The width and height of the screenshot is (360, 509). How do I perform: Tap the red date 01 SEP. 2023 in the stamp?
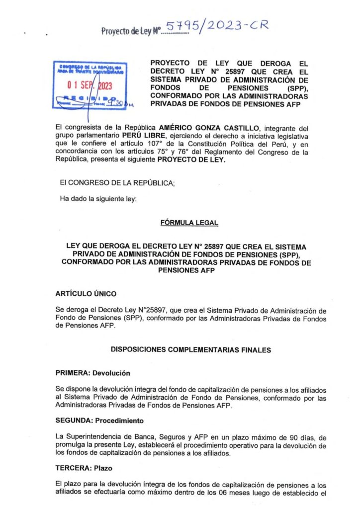(90, 86)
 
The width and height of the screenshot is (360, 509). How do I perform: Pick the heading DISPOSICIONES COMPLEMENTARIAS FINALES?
(190, 350)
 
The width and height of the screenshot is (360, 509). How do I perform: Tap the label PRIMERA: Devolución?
(92, 373)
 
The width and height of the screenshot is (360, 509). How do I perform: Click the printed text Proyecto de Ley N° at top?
(129, 32)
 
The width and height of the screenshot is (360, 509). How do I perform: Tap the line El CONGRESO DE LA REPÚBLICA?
(117, 183)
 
